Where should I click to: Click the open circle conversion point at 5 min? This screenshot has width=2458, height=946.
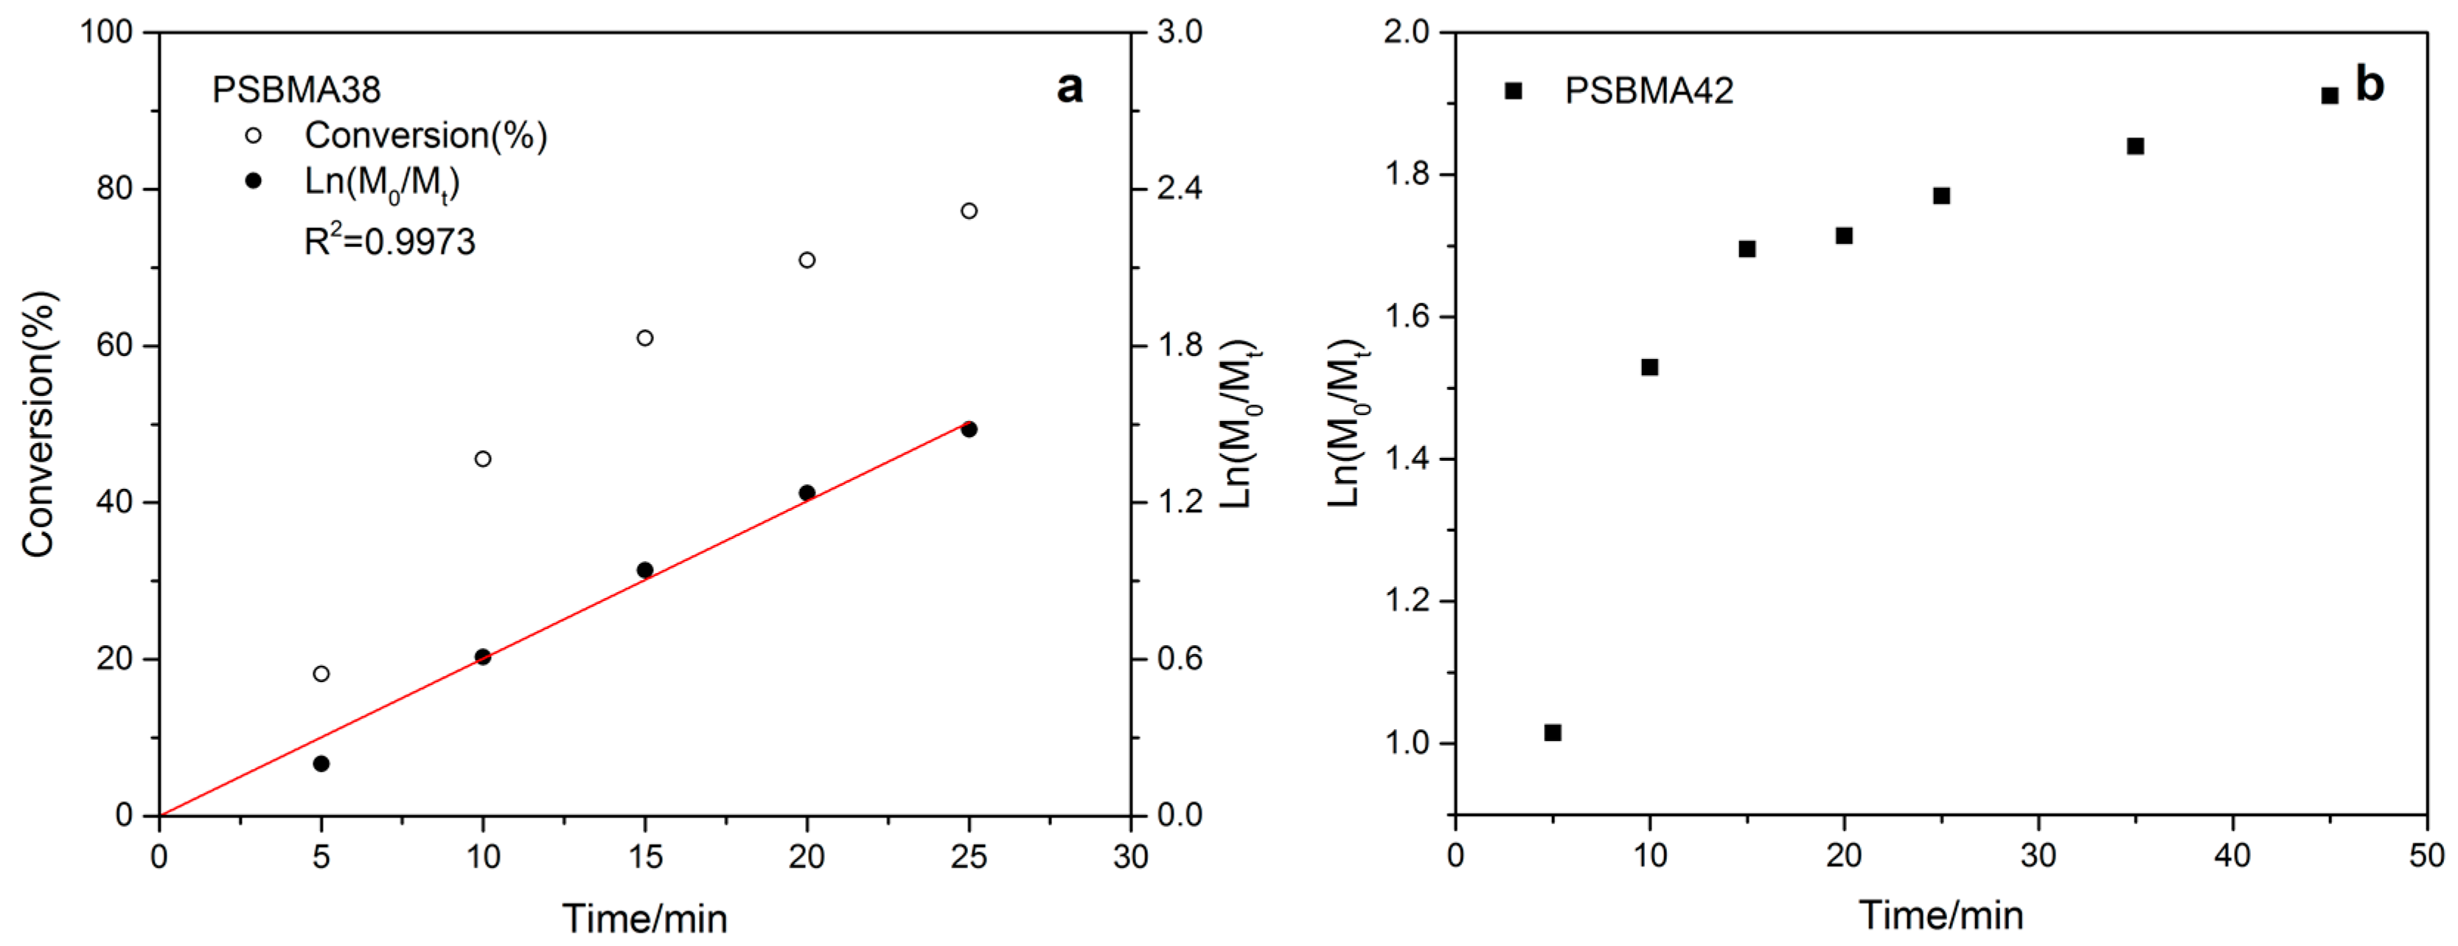click(321, 674)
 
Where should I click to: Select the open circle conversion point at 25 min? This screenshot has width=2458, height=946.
click(969, 211)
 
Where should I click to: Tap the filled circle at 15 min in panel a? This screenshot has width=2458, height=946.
click(645, 570)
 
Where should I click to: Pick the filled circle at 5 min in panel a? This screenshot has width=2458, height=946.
click(321, 764)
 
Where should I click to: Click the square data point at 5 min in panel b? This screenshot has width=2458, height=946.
click(1553, 733)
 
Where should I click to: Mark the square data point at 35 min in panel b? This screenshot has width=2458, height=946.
click(2136, 146)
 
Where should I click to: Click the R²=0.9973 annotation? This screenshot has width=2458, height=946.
click(389, 242)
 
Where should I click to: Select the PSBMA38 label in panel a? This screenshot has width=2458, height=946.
click(296, 90)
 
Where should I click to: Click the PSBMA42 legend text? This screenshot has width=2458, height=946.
click(1648, 91)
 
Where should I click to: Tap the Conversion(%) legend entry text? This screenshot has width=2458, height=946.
click(425, 136)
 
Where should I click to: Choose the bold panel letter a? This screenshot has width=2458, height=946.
click(1070, 87)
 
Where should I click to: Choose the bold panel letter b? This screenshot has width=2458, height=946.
click(2370, 84)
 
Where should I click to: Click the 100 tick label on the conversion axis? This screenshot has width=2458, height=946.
click(106, 32)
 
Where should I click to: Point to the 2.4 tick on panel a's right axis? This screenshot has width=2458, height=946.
click(1180, 188)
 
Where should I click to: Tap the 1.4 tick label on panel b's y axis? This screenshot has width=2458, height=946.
click(1407, 459)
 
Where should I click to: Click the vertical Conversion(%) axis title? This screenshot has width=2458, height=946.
click(40, 424)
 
